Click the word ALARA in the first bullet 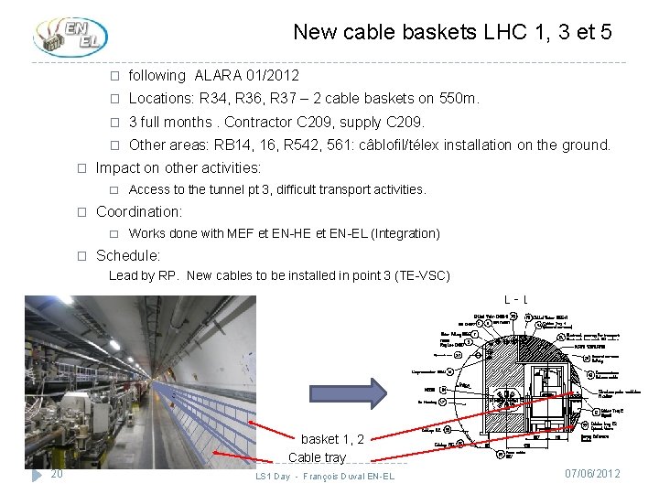[216, 75]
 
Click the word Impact [117, 167]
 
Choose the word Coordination [138, 211]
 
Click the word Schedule [127, 255]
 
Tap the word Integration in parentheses [405, 233]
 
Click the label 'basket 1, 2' [332, 440]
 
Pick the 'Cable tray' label [317, 457]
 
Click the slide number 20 [57, 474]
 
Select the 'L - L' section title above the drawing [515, 300]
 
